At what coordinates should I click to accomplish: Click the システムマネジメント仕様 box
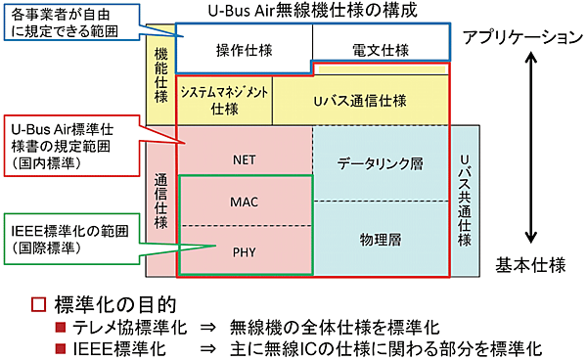tap(224, 100)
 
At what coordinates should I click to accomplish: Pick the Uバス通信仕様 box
tap(359, 100)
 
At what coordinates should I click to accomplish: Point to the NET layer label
tap(245, 159)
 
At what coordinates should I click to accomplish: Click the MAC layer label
tap(244, 202)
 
